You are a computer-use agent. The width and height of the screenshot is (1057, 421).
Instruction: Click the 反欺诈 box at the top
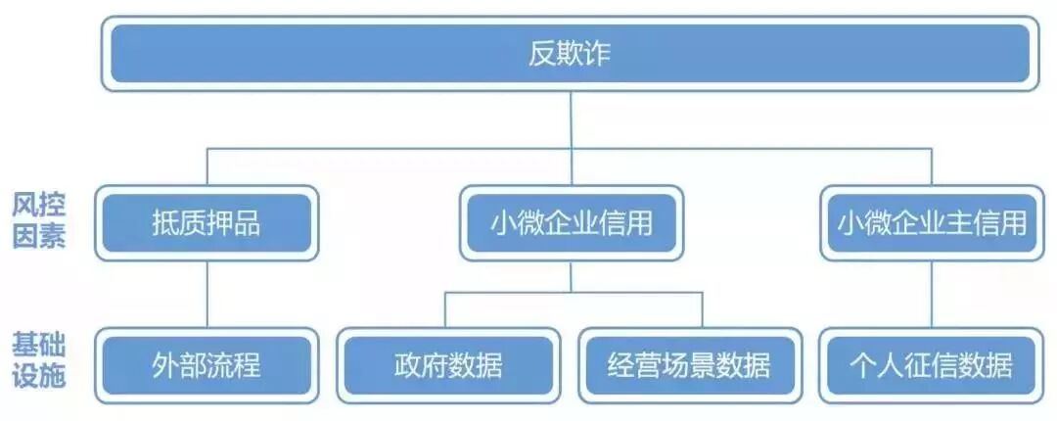(x=571, y=53)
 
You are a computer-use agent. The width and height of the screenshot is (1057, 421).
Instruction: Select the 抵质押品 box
(x=207, y=223)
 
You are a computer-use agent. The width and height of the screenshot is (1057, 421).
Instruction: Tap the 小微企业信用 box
(x=572, y=223)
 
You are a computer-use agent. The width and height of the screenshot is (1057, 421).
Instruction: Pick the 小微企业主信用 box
(x=932, y=223)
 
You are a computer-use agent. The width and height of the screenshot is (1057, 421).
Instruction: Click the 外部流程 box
(x=207, y=365)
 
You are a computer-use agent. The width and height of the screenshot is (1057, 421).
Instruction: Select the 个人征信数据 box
(x=932, y=365)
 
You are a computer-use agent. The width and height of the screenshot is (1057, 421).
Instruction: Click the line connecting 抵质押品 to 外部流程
(x=207, y=294)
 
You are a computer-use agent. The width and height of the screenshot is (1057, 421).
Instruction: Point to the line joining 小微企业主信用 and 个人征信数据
(x=932, y=294)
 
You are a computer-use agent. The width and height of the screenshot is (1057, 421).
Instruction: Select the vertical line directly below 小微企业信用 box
(x=572, y=277)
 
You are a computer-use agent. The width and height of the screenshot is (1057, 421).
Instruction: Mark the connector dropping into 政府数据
(x=445, y=310)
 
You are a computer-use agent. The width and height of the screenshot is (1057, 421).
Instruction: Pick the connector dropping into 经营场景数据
(x=702, y=310)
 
